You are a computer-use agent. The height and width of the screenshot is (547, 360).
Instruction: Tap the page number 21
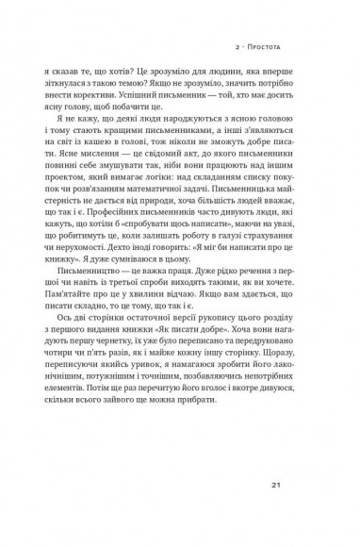pyautogui.click(x=303, y=486)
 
